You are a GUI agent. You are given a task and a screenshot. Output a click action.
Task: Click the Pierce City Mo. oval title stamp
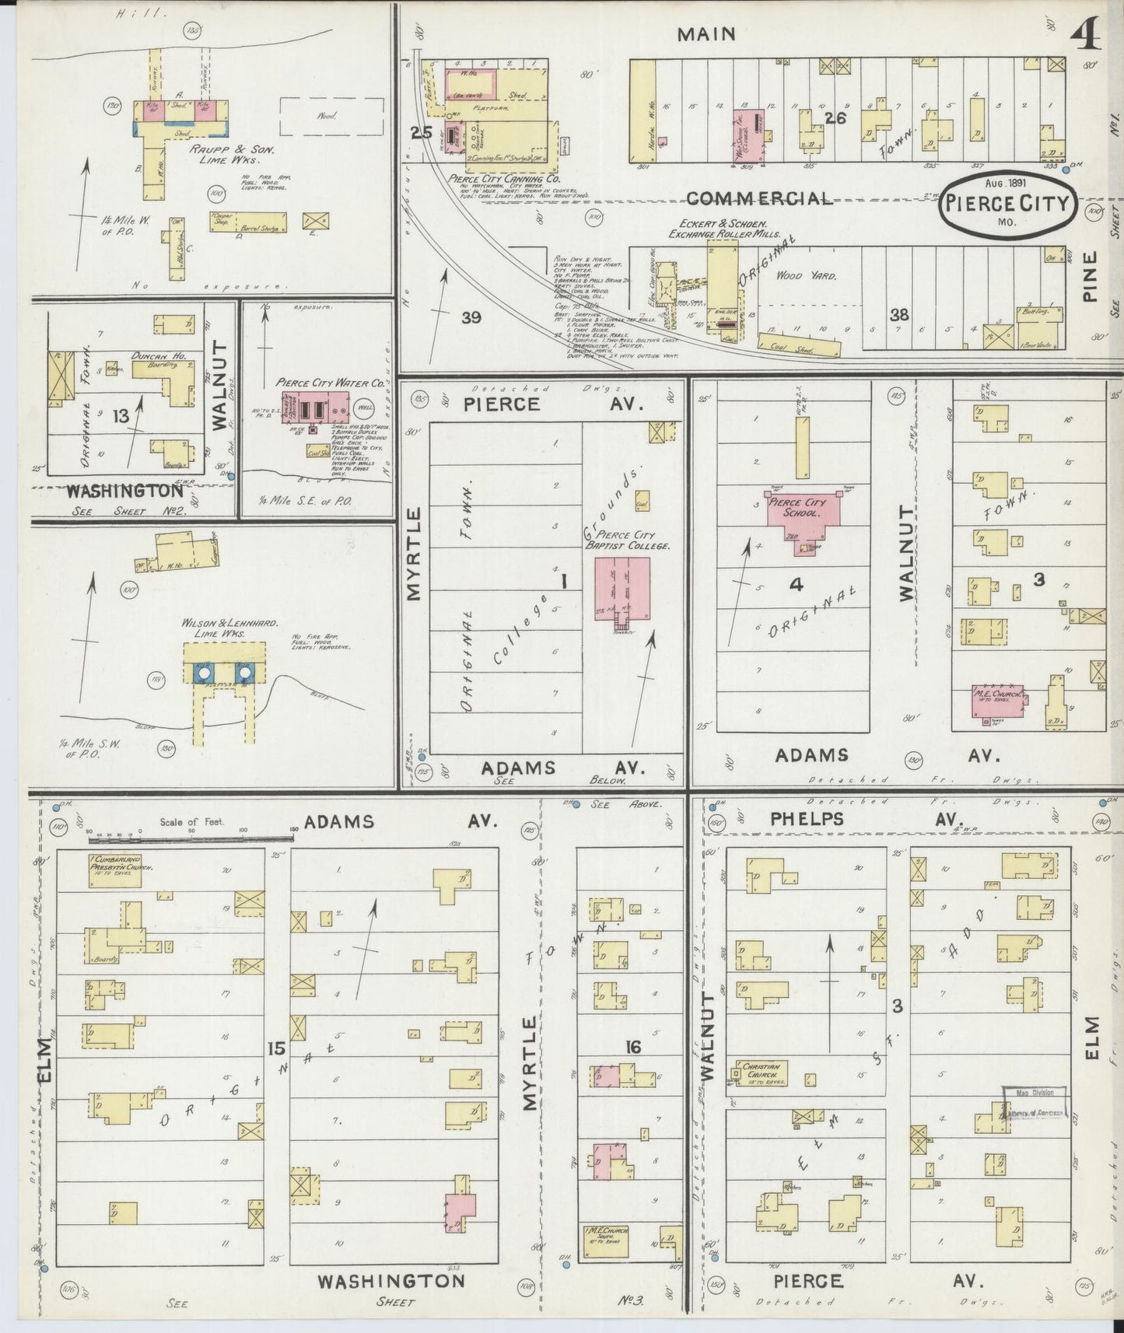(1007, 205)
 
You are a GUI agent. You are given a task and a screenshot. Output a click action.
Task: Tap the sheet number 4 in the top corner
(1084, 35)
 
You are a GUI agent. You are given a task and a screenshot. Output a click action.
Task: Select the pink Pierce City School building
(801, 516)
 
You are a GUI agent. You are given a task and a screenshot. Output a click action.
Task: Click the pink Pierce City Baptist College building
(622, 589)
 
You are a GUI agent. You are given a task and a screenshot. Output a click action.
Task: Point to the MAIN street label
(706, 33)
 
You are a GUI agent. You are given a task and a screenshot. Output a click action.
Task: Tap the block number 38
(899, 315)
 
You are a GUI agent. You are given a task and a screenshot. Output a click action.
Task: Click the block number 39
(471, 317)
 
